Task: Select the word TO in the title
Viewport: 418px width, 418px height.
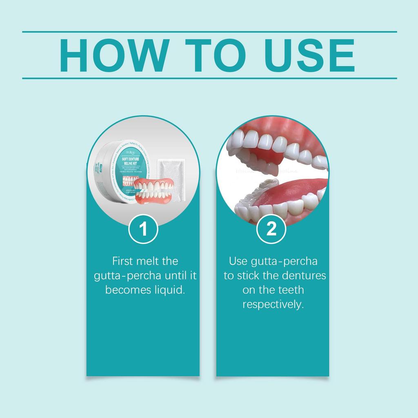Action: point(214,55)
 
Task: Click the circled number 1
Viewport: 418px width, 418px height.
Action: point(143,229)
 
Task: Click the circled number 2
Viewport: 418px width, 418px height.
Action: point(271,229)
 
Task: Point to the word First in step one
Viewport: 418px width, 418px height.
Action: point(123,261)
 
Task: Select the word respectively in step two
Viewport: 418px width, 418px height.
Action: point(273,305)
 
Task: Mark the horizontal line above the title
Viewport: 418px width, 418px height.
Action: point(209,31)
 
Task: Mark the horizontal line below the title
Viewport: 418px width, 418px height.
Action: point(209,78)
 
